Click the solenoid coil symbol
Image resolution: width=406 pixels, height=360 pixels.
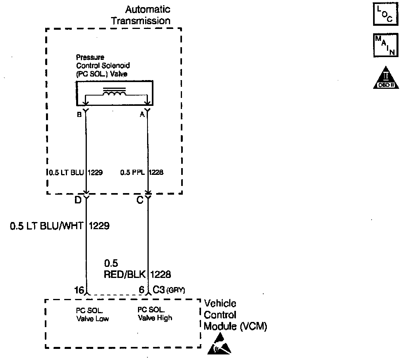[115, 93]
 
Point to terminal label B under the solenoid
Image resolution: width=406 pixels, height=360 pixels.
[80, 115]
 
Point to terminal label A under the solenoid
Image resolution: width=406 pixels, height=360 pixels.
[142, 115]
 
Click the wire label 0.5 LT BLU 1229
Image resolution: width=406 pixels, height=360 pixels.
[75, 172]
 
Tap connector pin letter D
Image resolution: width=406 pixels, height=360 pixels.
[78, 200]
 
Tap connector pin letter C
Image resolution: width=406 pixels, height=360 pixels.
[140, 200]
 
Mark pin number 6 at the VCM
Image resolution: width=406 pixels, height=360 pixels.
[141, 290]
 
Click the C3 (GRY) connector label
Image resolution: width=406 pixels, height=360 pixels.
[169, 290]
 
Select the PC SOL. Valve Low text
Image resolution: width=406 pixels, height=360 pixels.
[92, 314]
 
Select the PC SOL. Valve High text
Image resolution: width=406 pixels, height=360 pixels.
[155, 314]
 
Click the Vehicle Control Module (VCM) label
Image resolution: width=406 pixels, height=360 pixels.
[236, 315]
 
